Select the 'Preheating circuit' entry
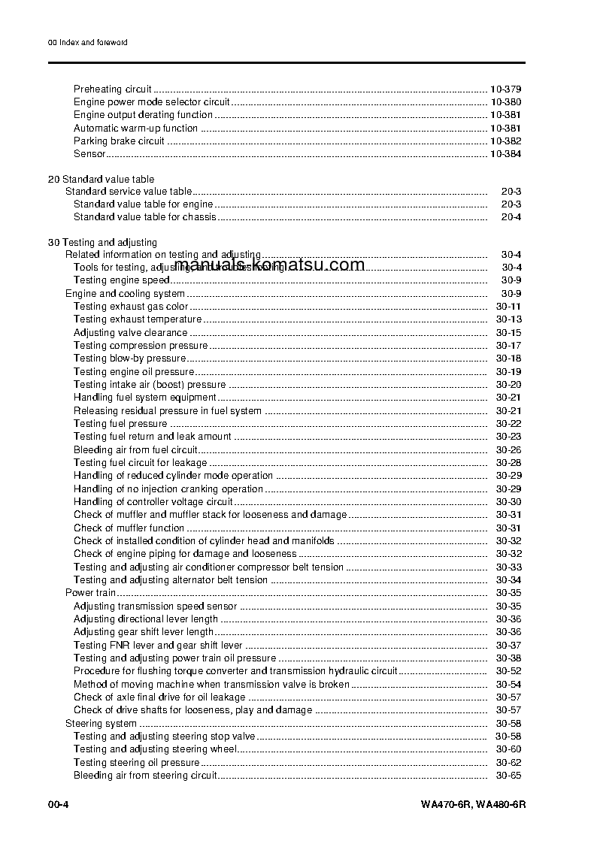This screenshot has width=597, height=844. [112, 89]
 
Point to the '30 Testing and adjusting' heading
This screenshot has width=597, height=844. [102, 243]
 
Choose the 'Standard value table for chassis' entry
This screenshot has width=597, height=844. [144, 217]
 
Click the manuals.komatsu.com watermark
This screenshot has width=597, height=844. [268, 265]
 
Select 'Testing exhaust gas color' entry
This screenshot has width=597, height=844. [130, 307]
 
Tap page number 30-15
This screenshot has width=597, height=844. [508, 333]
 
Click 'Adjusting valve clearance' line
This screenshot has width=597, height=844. [130, 333]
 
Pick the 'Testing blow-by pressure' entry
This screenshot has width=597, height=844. [129, 358]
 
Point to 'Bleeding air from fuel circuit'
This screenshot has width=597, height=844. [135, 450]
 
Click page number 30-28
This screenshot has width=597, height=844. [508, 463]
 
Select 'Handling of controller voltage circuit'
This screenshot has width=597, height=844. [153, 502]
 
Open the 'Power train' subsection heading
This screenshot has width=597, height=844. [90, 594]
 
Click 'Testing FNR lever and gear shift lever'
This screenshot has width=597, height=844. [158, 646]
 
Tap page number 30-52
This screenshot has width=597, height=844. [508, 671]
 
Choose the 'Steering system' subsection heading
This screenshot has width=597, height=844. [101, 724]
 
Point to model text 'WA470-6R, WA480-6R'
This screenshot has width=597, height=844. [473, 805]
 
